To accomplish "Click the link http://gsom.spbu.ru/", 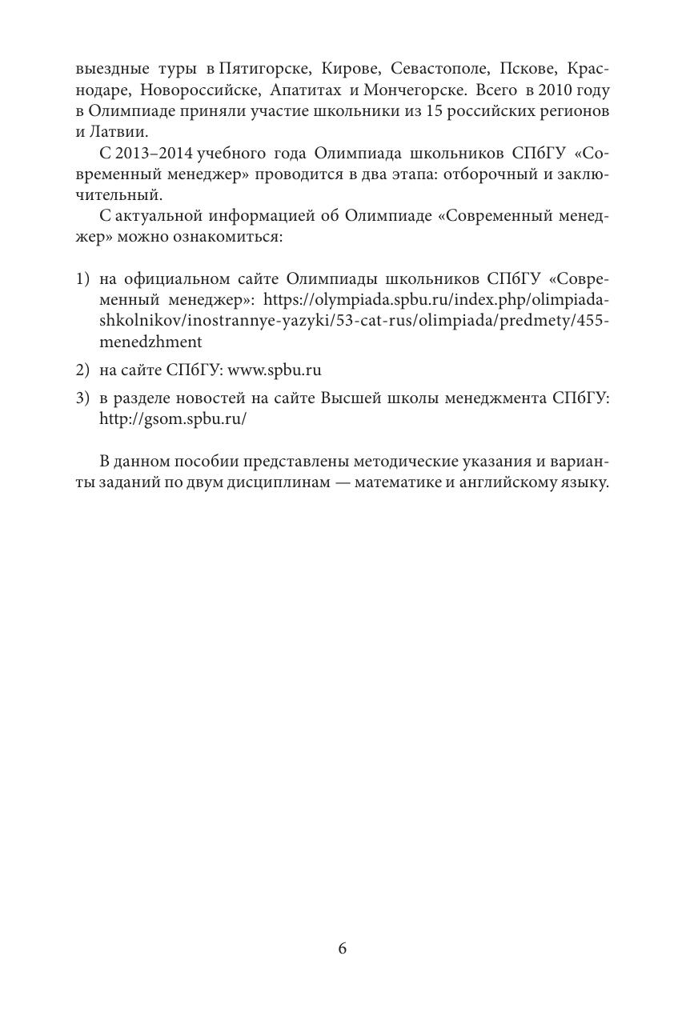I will coord(172,419).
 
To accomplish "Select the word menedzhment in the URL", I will coord(150,342).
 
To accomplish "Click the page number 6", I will coord(343,949).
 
